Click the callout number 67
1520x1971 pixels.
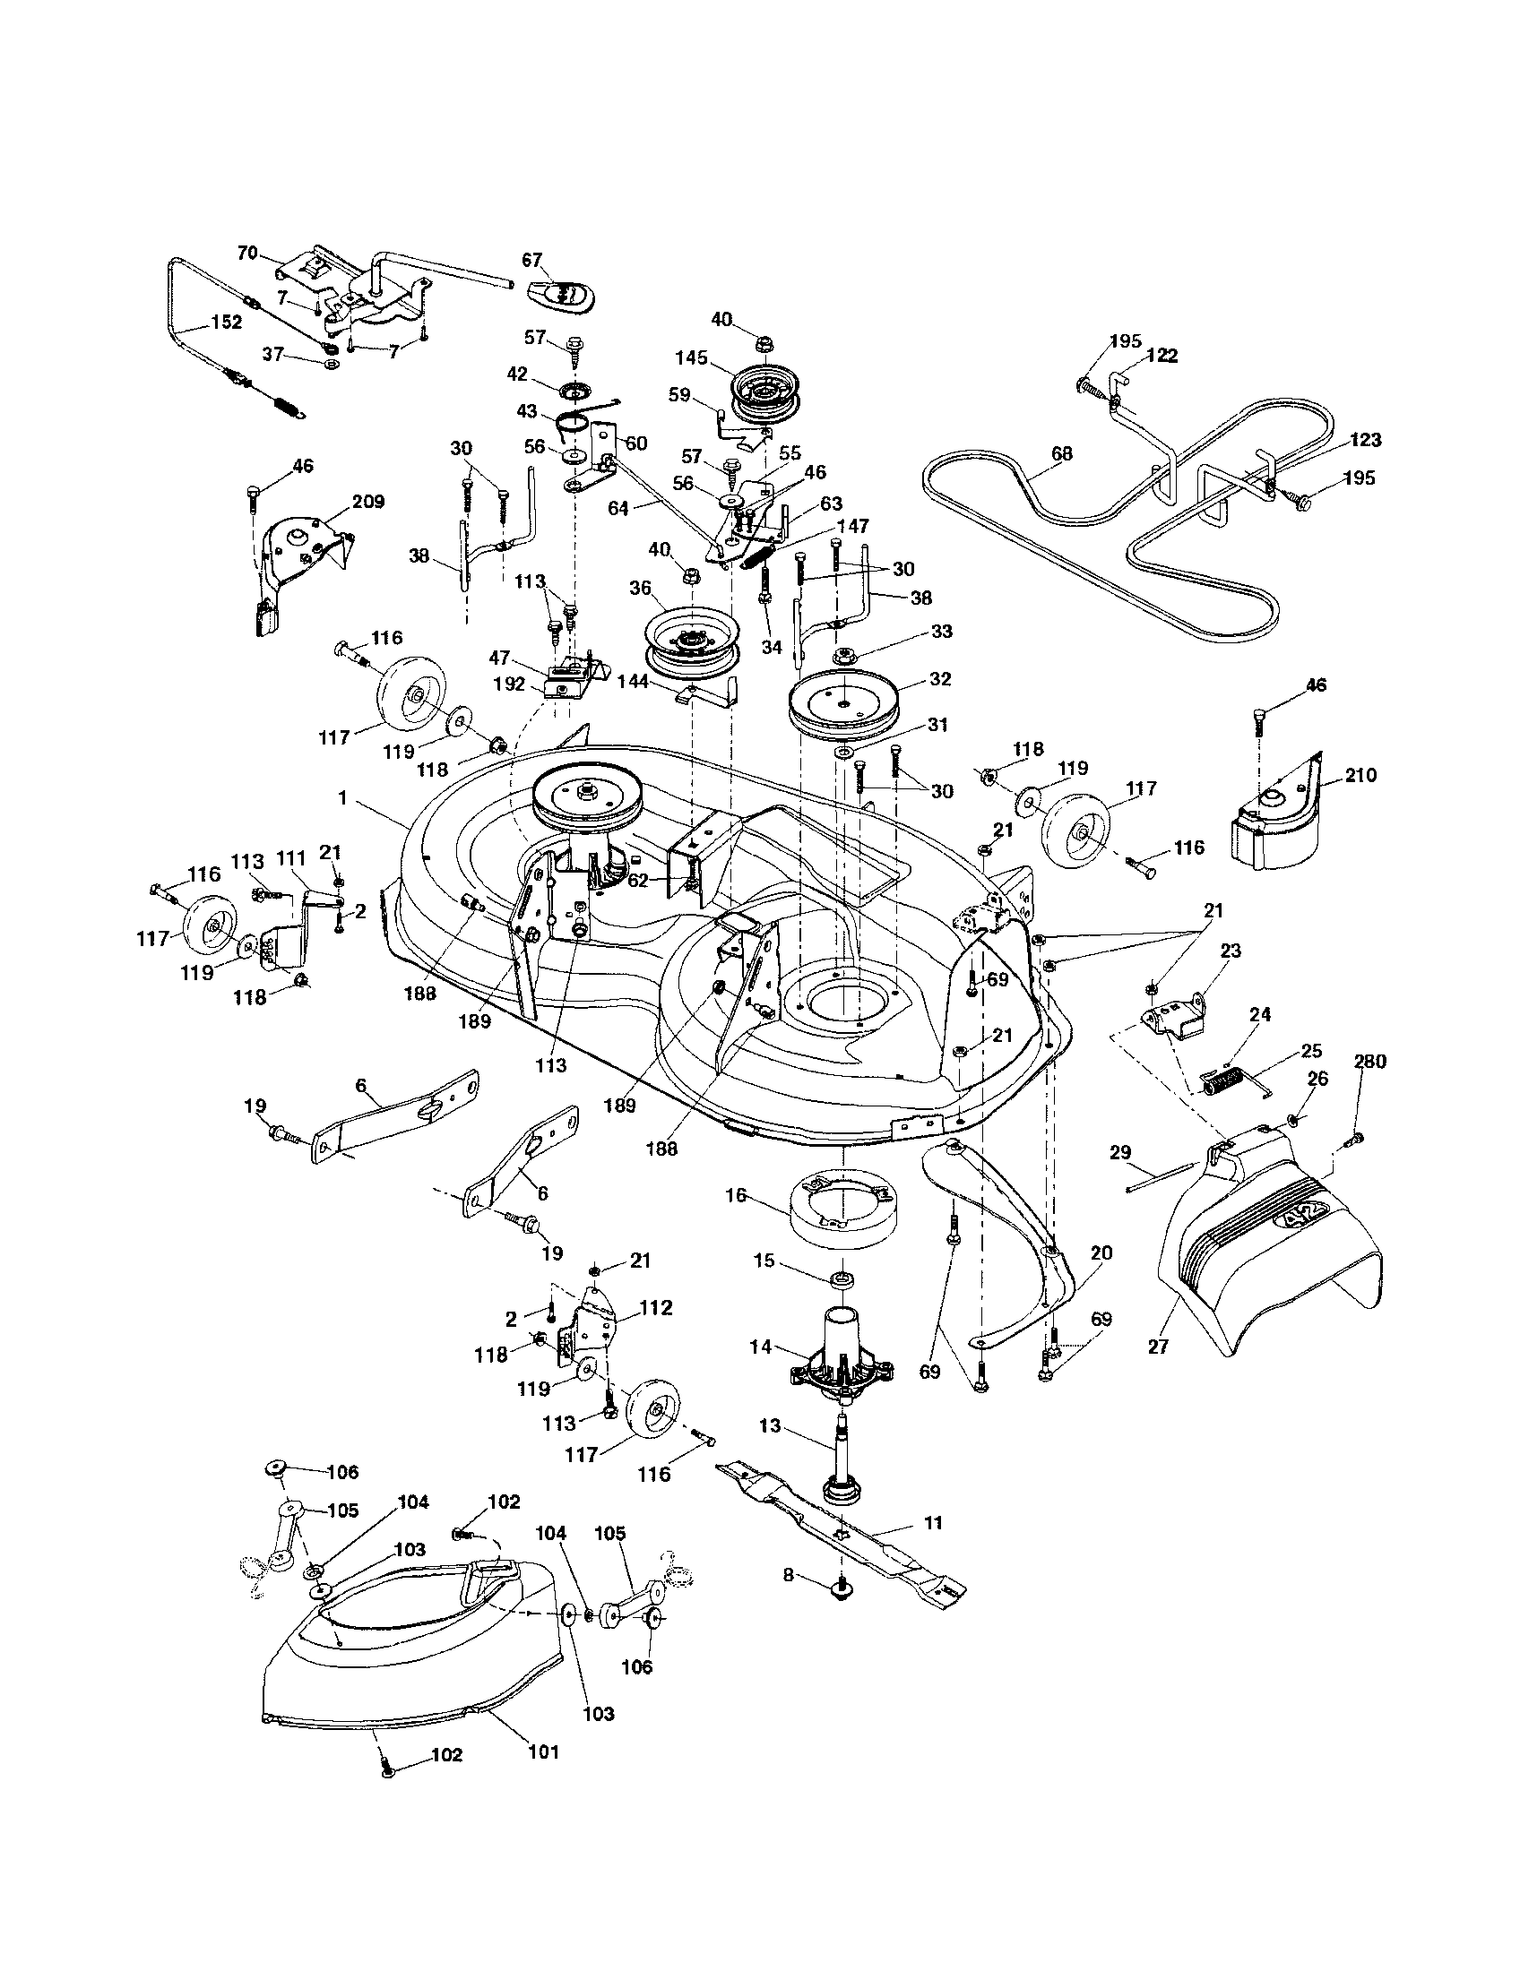[x=531, y=261]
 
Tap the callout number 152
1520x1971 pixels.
[x=226, y=323]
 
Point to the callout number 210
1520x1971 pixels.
[x=1360, y=774]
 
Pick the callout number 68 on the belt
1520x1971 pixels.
[x=1062, y=453]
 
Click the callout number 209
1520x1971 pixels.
[x=368, y=501]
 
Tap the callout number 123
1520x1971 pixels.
[x=1367, y=440]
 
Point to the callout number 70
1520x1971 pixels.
[x=246, y=253]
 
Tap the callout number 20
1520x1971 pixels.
[x=1101, y=1253]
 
